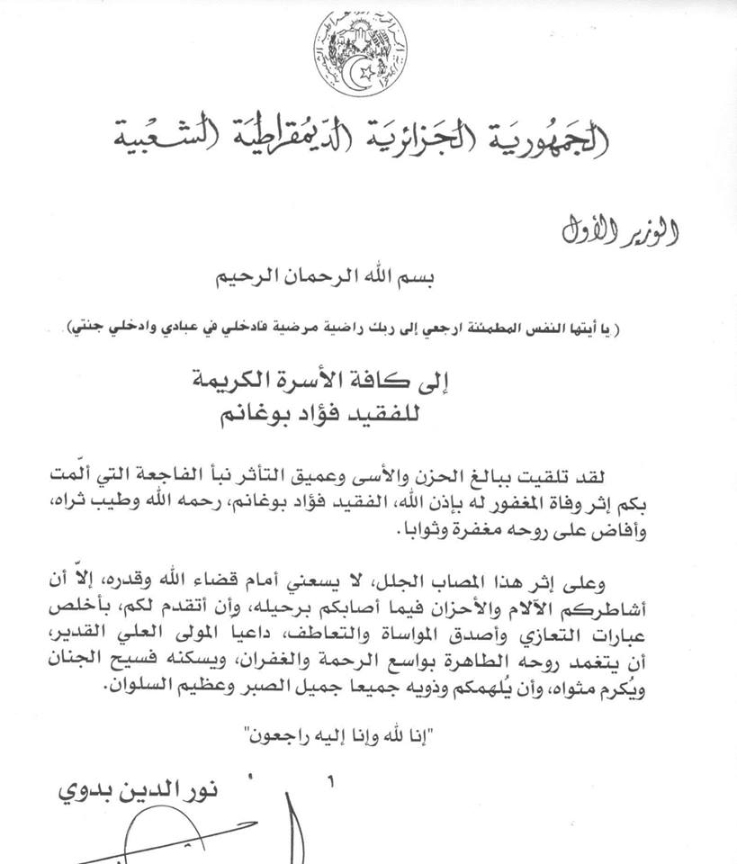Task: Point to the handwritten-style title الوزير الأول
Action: coord(621,231)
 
